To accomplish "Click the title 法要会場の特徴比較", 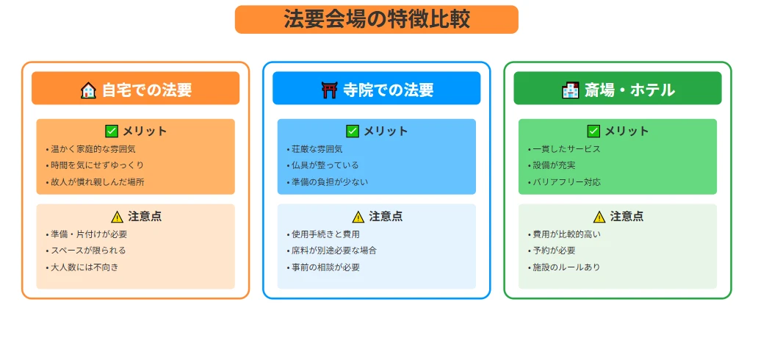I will coord(376,19).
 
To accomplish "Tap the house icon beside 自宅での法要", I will coord(88,90).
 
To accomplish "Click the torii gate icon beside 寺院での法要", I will coord(329,90).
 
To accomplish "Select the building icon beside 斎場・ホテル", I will coord(570,90).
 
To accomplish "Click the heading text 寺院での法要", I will coord(388,90).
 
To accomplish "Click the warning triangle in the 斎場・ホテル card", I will coord(599,217).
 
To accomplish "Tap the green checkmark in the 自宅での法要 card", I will coord(112,131).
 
